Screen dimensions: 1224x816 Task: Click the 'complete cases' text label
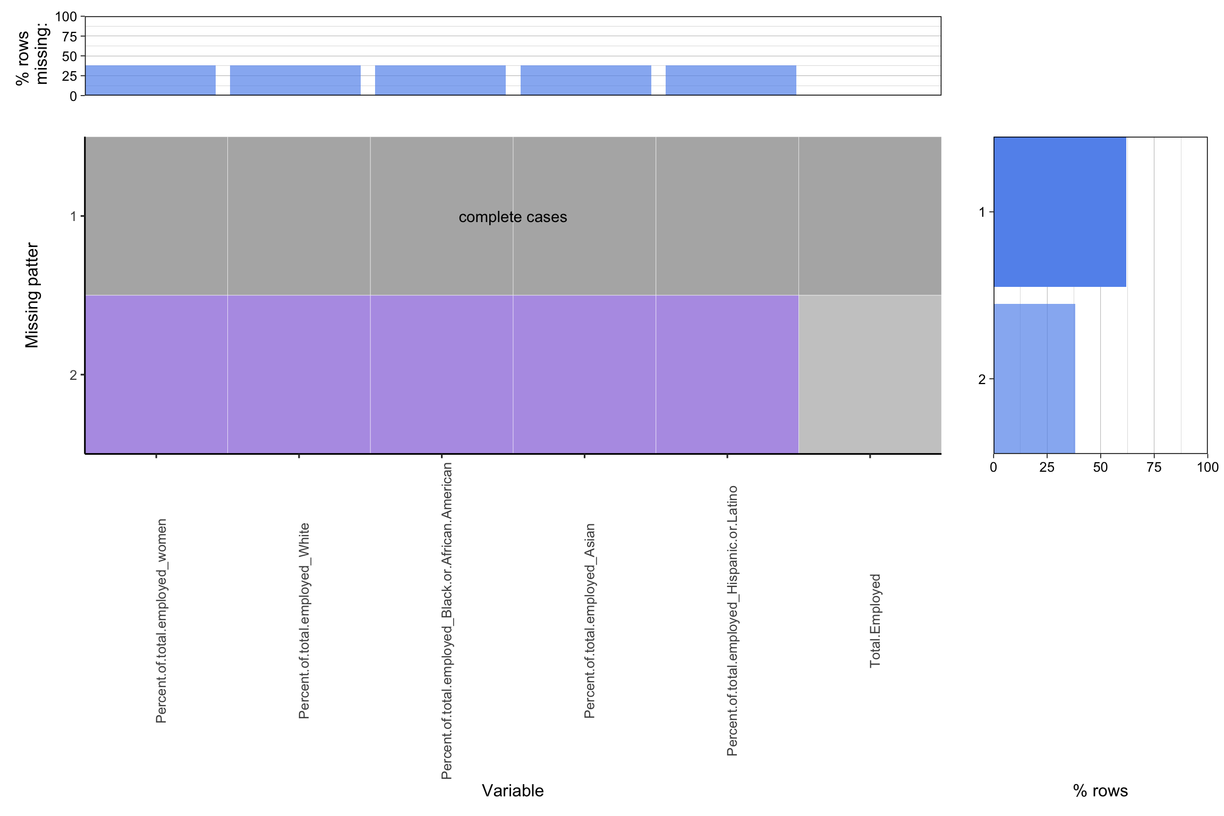coord(513,217)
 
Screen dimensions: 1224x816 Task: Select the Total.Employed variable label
coord(875,620)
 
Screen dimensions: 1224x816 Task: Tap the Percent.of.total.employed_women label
coord(161,621)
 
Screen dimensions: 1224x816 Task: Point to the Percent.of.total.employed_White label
coord(304,620)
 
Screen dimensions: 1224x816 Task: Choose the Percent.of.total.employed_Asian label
coord(590,620)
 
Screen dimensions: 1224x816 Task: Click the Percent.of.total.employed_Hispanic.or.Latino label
coord(732,620)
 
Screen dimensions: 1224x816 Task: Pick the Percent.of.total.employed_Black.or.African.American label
coord(447,620)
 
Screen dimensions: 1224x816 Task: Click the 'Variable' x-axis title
coord(513,790)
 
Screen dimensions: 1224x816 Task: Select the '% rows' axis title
coord(1100,790)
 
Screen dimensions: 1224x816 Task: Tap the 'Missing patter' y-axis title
coord(32,295)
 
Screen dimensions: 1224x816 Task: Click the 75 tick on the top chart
coord(70,36)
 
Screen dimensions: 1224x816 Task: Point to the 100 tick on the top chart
coord(66,16)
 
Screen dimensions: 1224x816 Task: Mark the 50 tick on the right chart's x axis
coord(1100,467)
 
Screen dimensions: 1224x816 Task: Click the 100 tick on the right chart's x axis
coord(1208,467)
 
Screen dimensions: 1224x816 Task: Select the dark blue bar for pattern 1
coord(1060,212)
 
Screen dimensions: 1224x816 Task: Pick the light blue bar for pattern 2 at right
coord(1034,379)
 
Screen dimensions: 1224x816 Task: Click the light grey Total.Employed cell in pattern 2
coord(870,374)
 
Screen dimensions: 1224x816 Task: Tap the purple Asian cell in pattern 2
coord(584,374)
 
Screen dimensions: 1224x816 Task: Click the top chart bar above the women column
coord(150,80)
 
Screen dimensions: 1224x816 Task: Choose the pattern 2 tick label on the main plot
coord(73,375)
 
